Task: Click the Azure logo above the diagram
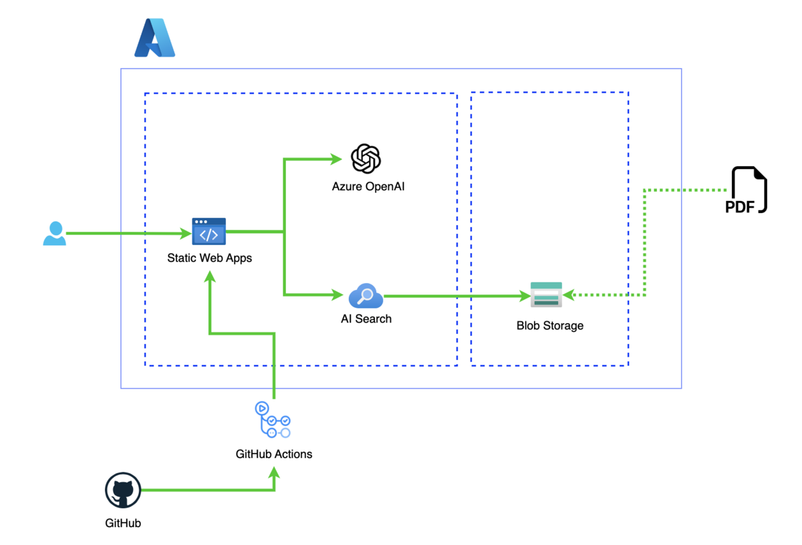tap(154, 38)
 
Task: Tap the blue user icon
tap(54, 233)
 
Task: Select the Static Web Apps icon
tap(209, 232)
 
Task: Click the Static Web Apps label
tap(209, 258)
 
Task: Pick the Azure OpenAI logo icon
tap(366, 159)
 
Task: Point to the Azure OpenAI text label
tap(368, 187)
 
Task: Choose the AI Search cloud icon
tap(366, 295)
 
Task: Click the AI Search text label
tap(366, 319)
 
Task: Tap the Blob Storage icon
tap(546, 295)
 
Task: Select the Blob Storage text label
tap(549, 326)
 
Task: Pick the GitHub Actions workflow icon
tap(272, 419)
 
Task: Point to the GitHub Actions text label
tap(274, 454)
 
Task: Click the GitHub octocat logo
tap(123, 491)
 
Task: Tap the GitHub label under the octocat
tap(123, 524)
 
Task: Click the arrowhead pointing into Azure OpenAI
tap(337, 159)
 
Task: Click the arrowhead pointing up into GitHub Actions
tap(274, 471)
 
